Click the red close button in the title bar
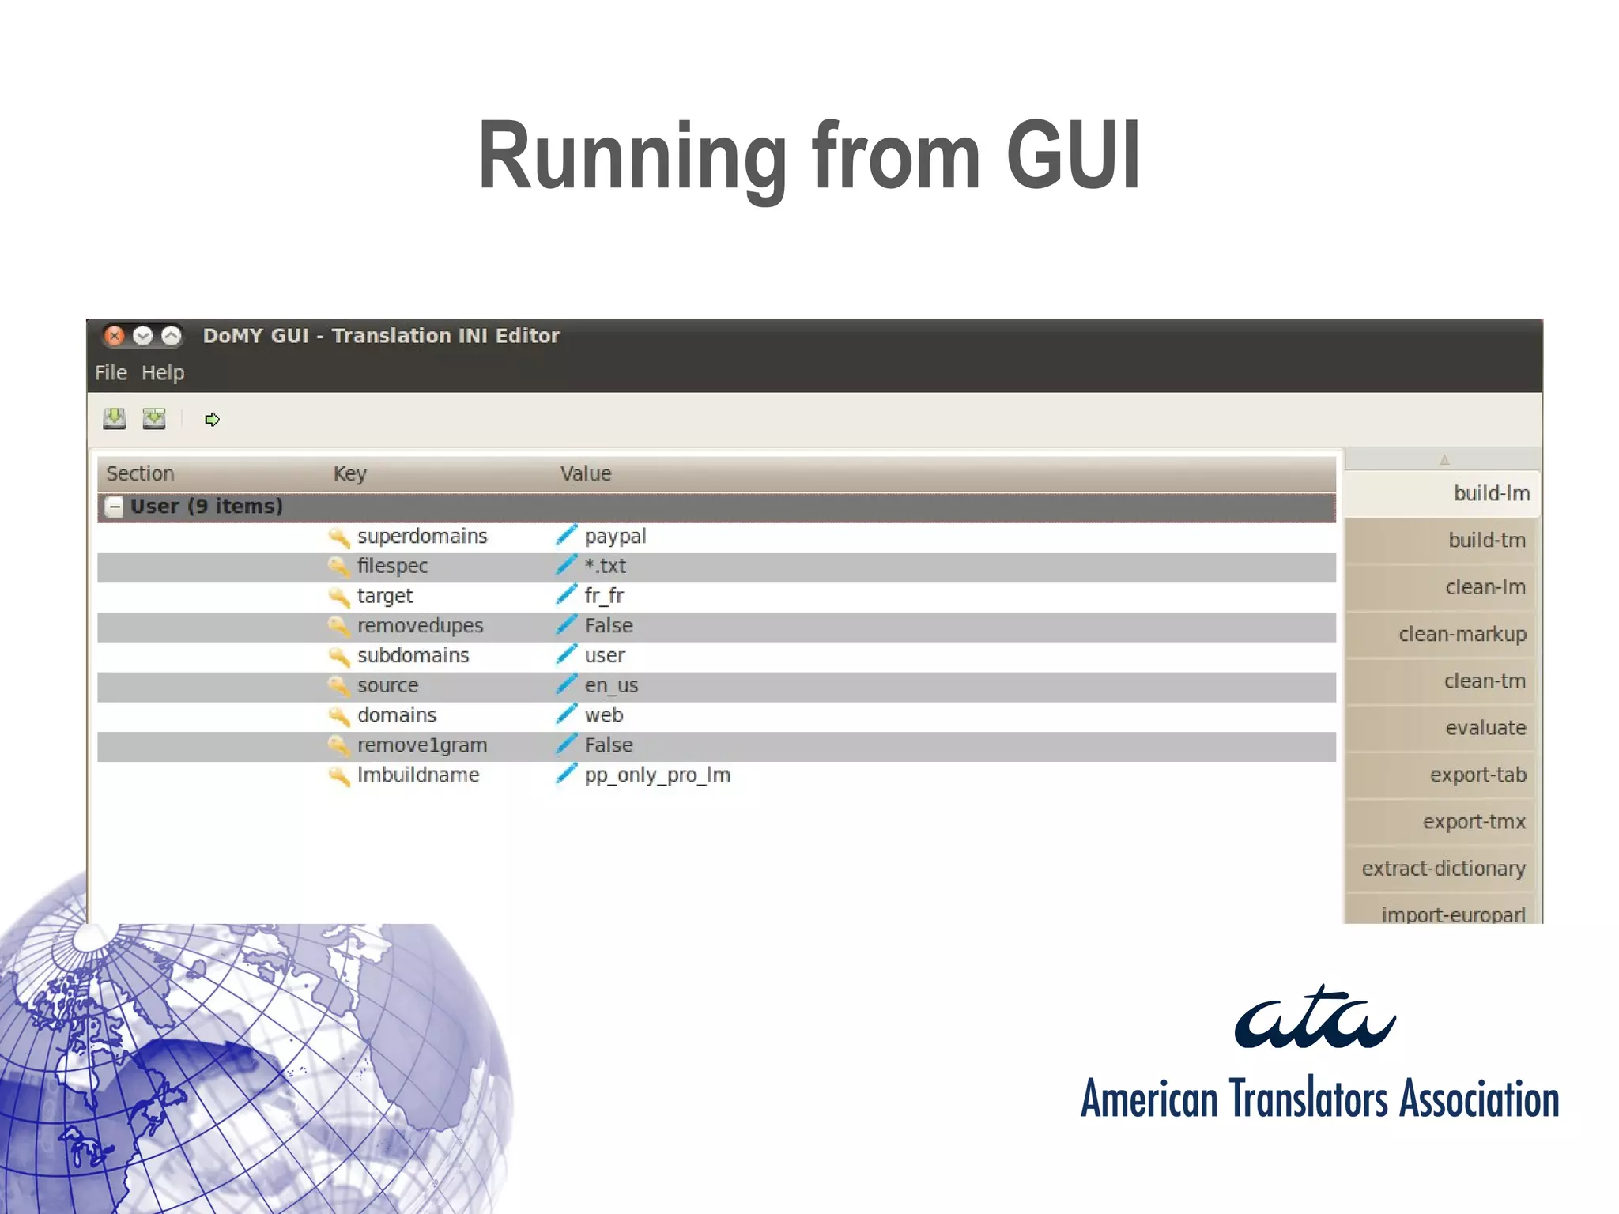click(115, 336)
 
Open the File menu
click(111, 372)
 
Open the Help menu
click(163, 372)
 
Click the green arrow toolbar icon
click(212, 419)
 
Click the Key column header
click(349, 473)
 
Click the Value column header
click(586, 473)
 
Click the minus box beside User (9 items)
click(115, 507)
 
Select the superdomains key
click(422, 536)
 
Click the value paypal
click(615, 536)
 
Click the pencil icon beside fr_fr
click(566, 594)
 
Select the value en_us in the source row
click(611, 685)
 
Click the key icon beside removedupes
click(339, 626)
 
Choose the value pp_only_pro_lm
click(657, 775)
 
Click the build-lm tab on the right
click(1491, 493)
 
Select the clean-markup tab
click(1462, 634)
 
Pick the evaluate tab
click(1485, 728)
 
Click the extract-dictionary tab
click(1443, 869)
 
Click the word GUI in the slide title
click(1073, 156)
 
